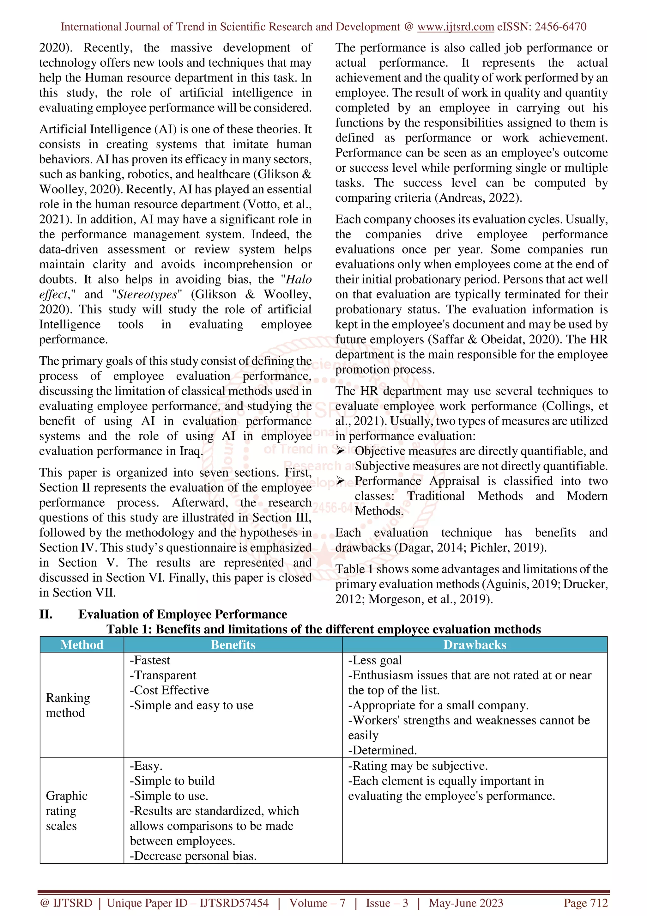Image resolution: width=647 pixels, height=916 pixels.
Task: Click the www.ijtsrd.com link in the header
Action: point(455,27)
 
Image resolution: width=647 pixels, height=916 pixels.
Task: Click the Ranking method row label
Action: point(68,705)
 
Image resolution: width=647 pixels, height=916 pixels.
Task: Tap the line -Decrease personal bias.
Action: point(193,855)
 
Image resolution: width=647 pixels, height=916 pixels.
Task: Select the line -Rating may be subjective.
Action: point(418,765)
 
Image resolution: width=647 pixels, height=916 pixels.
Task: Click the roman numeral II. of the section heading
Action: point(46,614)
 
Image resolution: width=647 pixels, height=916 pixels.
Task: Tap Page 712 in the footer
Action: point(585,902)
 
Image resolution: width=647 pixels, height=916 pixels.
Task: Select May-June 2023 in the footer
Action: point(466,902)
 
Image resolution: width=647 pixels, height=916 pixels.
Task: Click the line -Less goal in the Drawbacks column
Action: point(375,660)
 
